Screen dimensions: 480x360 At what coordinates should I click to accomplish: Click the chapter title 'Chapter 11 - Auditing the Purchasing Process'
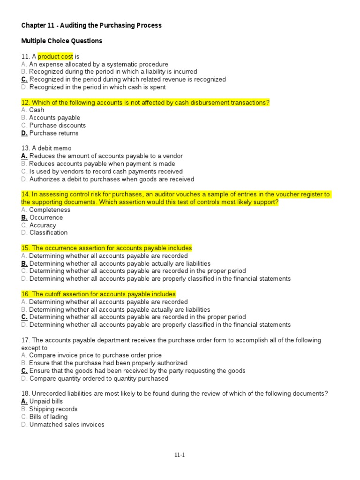click(x=91, y=25)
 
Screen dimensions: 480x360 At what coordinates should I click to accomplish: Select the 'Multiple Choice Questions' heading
click(x=61, y=41)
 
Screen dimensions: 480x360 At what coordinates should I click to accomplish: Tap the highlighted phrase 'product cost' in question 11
click(x=55, y=56)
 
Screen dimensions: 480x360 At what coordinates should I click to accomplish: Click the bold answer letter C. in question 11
click(x=24, y=79)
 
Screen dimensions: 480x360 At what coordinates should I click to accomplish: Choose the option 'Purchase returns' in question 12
click(x=54, y=133)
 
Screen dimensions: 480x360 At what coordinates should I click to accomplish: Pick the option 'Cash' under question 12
click(x=37, y=110)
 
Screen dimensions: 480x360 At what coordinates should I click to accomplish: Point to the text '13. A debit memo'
click(x=46, y=148)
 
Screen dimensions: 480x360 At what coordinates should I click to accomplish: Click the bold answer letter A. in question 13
click(x=24, y=156)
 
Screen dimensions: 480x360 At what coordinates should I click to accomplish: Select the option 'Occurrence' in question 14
click(x=46, y=217)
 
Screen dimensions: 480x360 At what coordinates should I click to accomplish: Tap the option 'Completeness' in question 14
click(x=50, y=210)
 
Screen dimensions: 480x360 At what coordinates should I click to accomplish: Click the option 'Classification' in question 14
click(x=48, y=232)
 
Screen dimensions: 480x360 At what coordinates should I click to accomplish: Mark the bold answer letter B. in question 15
click(x=24, y=263)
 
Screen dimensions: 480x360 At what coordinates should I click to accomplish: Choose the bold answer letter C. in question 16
click(x=24, y=317)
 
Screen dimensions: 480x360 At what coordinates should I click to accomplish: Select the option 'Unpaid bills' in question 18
click(x=46, y=401)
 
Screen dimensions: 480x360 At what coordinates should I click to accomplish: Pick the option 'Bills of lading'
click(x=48, y=417)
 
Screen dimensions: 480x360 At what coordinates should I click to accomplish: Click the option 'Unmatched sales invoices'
click(x=67, y=425)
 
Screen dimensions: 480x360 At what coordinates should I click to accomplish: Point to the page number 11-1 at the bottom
click(x=180, y=454)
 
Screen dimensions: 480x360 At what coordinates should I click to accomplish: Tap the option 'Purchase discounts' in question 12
click(x=58, y=126)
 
